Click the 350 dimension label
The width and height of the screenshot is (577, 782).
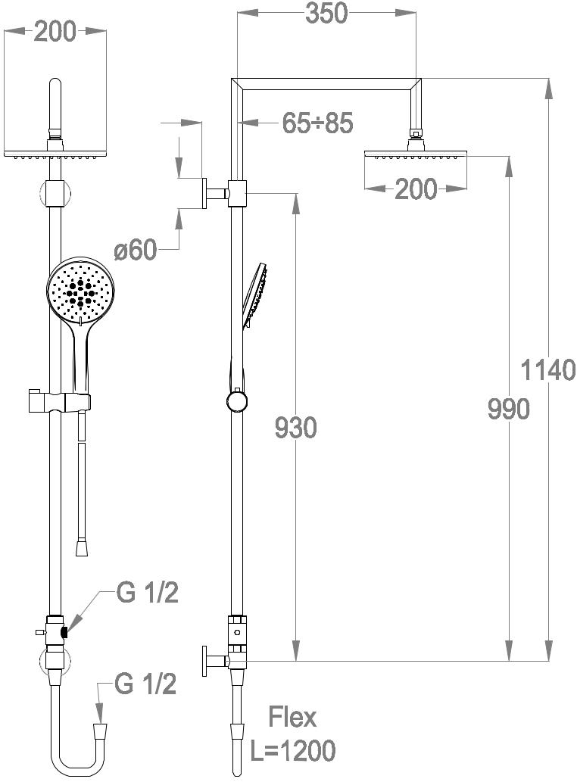pos(326,14)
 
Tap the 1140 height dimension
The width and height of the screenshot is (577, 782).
pos(547,370)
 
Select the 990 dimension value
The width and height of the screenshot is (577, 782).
pos(508,410)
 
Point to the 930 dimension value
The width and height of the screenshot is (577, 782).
pos(296,428)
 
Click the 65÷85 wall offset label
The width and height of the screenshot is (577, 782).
pos(318,123)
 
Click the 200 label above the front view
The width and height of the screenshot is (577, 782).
pos(55,32)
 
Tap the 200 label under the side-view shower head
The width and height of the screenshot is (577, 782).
pos(416,189)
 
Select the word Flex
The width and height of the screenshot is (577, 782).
pos(293,718)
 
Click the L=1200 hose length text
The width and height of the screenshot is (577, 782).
pos(293,750)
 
